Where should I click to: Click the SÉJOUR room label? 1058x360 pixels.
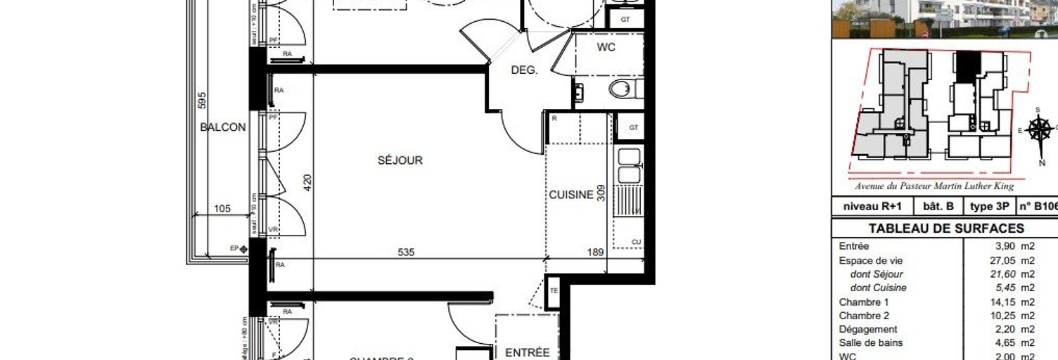pos(400,160)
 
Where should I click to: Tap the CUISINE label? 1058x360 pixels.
pos(571,195)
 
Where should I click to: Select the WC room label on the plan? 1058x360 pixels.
pos(606,47)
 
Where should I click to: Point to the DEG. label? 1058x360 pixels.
pos(524,70)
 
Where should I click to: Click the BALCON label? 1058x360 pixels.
pos(223,127)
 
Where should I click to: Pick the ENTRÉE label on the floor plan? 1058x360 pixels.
pos(528,352)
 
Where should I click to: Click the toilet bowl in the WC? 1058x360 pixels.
pos(620,89)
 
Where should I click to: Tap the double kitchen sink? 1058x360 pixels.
pos(629,166)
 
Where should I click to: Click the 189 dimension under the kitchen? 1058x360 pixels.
pos(596,252)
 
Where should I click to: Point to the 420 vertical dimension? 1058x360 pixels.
pos(307,183)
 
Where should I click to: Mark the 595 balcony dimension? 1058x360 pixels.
pos(202,101)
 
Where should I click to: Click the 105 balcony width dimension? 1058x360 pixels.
pos(222,209)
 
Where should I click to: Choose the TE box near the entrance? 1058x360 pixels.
pos(554,290)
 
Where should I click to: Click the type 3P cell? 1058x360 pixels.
pos(989,207)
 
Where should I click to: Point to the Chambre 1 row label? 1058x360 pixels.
pos(859,302)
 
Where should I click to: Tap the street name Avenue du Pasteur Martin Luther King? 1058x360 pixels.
pos(934,186)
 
